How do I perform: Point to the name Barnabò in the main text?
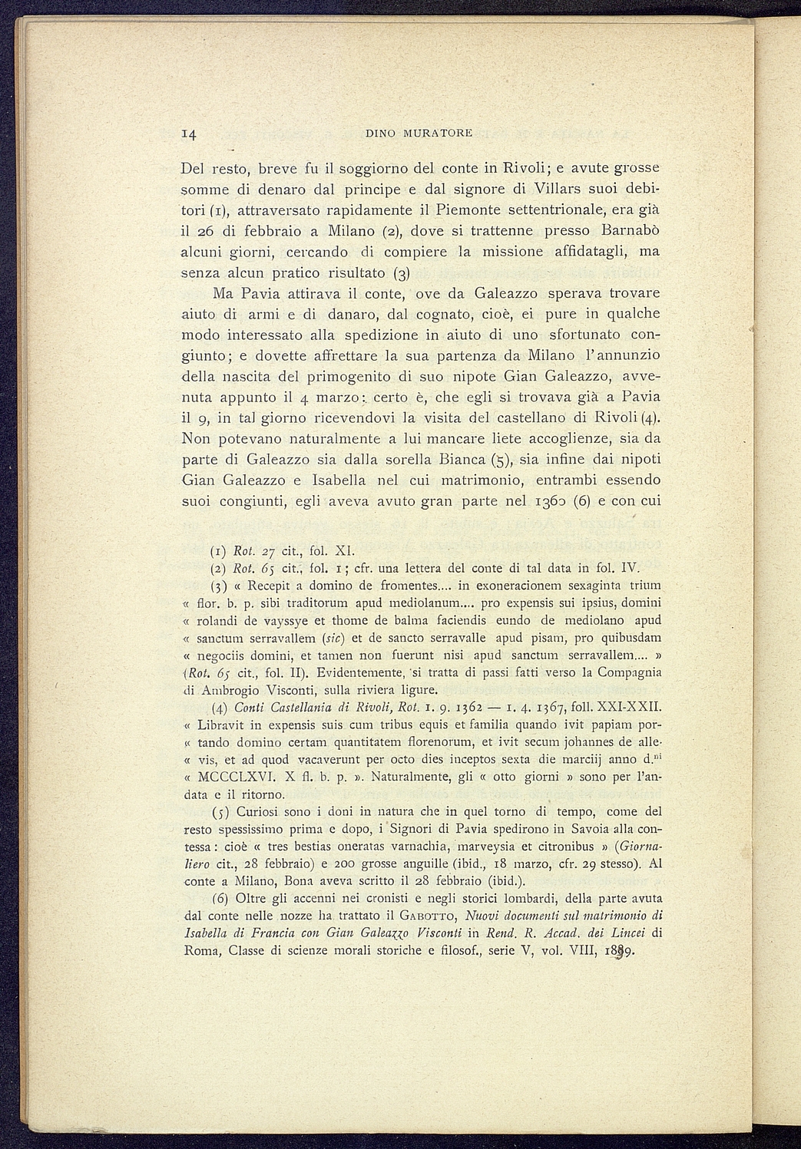[x=631, y=230]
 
